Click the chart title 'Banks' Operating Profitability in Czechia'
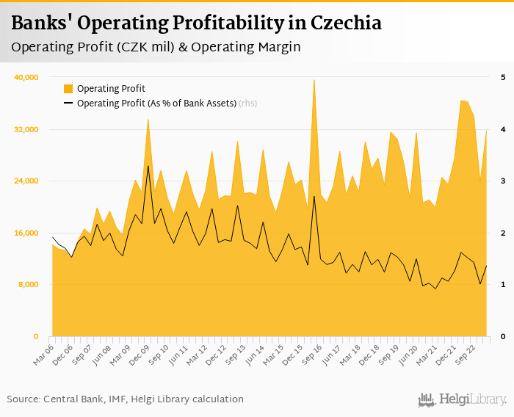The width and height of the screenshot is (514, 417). point(196,23)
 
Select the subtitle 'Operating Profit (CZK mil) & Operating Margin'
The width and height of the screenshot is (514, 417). point(156,46)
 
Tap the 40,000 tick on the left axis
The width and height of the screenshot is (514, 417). point(26,77)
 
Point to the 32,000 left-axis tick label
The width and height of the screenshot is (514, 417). point(26,129)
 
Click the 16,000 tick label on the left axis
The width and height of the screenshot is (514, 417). point(26,233)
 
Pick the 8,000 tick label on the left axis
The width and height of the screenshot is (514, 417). point(28,285)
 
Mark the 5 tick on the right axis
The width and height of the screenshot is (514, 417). point(503,77)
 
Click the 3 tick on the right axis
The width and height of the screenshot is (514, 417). point(503,181)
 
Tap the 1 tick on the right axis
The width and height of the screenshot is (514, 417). point(503,285)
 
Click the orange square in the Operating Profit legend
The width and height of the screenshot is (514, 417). point(68,89)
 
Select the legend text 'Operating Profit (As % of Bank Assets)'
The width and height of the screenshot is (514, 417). point(156,104)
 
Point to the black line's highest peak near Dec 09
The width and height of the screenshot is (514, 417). point(148,166)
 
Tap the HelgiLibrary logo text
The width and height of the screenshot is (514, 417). point(471,400)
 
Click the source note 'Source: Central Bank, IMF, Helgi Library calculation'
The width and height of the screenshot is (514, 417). point(126,399)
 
